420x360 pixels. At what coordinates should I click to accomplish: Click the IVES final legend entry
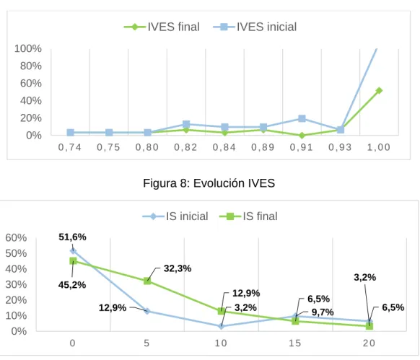click(162, 27)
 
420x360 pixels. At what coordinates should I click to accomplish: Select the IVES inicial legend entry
click(255, 27)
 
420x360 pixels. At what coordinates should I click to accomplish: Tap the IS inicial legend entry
click(175, 216)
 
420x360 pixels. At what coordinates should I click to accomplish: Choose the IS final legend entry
click(248, 216)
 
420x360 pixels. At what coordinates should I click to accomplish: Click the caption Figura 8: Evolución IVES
click(209, 183)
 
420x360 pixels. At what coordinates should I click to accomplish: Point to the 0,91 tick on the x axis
click(302, 147)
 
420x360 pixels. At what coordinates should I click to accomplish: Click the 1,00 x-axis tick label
click(379, 147)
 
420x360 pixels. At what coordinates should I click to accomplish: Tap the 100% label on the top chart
click(28, 48)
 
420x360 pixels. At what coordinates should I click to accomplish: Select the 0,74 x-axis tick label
click(70, 147)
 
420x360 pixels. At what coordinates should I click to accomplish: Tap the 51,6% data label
click(73, 237)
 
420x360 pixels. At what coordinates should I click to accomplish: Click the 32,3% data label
click(178, 268)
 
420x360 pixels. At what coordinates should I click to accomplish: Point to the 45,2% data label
click(72, 285)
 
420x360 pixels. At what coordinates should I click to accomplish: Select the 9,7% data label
click(323, 312)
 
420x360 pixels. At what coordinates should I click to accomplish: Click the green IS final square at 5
click(147, 281)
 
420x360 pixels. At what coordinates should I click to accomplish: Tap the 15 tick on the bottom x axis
click(295, 343)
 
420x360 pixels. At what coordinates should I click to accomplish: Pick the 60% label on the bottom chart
click(16, 237)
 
